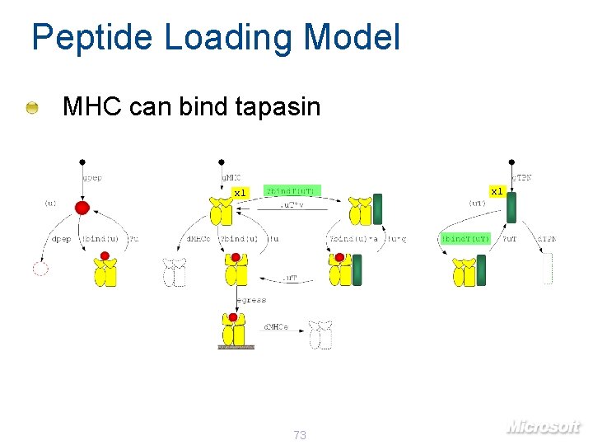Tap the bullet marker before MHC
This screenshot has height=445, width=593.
coord(31,107)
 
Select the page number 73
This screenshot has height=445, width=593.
coord(299,434)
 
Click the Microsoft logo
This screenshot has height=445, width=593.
coord(543,426)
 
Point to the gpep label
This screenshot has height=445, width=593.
coord(91,177)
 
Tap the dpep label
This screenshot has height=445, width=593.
coord(61,239)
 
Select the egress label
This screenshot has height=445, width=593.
coord(250,300)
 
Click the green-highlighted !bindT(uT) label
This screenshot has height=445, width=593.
coord(465,239)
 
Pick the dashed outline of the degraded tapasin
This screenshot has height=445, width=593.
coord(547,269)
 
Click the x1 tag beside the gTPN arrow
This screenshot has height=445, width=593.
coord(497,191)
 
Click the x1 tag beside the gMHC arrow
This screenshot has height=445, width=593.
coord(239,193)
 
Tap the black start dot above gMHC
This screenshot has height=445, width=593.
coord(221,162)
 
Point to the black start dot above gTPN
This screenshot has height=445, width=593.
coord(512,162)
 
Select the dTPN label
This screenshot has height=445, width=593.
coord(546,239)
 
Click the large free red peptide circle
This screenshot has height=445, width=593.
coord(82,207)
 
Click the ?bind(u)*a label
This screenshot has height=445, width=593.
coord(353,239)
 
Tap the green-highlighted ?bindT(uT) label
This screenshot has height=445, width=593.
coord(291,191)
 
